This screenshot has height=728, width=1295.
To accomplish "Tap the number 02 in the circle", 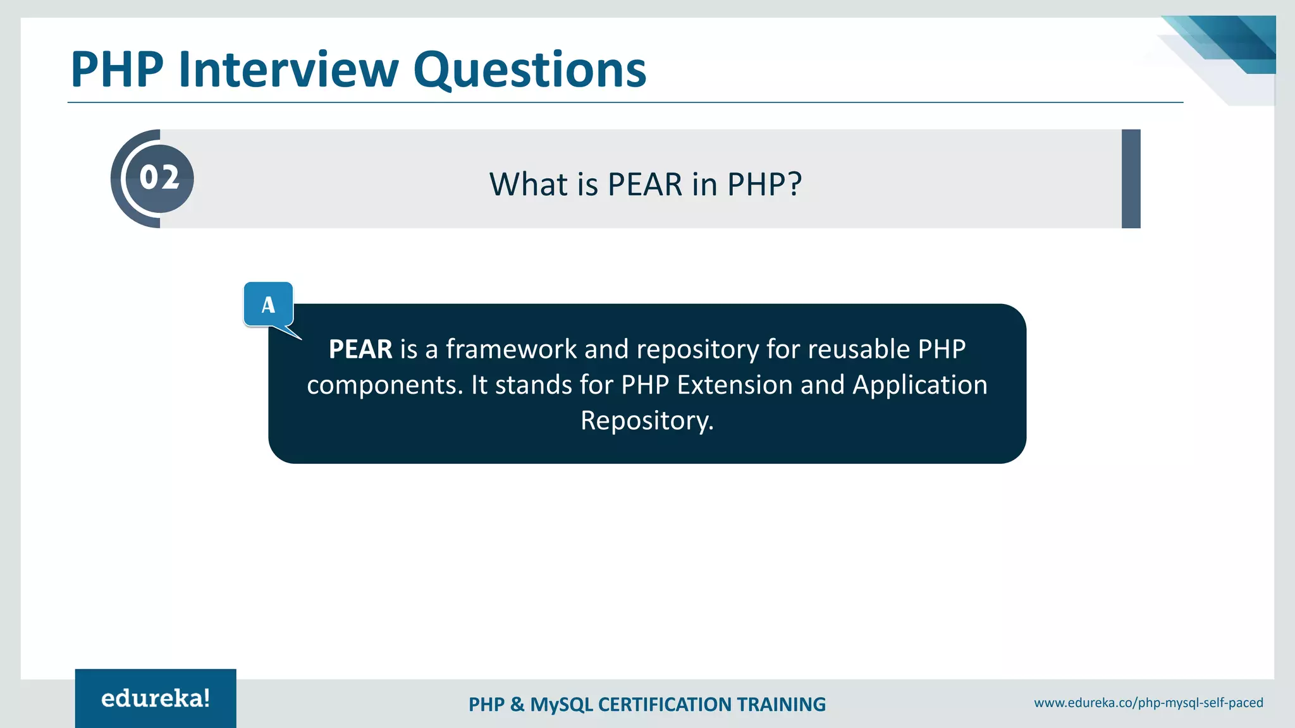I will click(159, 178).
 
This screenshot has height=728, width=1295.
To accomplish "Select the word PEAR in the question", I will click(644, 185).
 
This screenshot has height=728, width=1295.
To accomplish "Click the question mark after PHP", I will click(794, 185).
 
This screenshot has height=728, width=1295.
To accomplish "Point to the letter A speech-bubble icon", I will click(269, 305).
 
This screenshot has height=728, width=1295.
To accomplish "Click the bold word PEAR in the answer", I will click(360, 349).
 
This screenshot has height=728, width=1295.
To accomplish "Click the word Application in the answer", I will click(919, 385).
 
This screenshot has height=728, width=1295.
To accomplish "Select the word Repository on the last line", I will click(646, 421).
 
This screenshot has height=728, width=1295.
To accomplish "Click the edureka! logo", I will click(156, 698).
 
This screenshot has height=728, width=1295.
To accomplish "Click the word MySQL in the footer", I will click(562, 705).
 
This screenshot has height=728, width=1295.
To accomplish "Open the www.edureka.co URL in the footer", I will click(1148, 703).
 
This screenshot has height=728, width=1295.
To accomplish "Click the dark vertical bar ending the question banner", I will click(1131, 179).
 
